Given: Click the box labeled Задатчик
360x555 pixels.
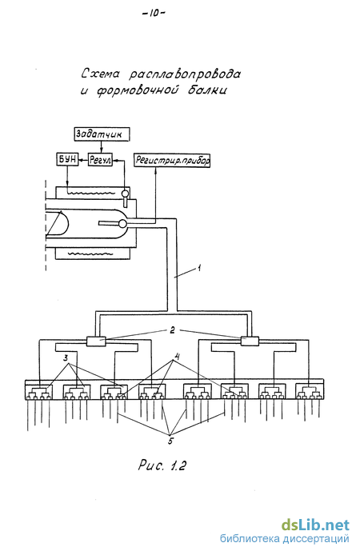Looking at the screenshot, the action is coord(102,134).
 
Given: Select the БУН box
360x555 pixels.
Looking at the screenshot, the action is coord(67,160).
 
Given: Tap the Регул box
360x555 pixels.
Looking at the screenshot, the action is coord(100,160).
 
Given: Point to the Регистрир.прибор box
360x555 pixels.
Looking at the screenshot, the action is coord(172,160).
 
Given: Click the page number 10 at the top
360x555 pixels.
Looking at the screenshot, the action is coord(154,14).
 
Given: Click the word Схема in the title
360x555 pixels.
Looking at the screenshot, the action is coord(101,74).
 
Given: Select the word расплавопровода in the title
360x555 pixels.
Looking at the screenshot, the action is coord(185,74).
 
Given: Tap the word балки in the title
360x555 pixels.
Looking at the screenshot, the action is coord(207,90).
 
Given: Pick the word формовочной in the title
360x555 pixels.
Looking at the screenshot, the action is coord(138,90).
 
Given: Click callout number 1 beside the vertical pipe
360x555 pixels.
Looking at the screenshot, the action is coord(199,268).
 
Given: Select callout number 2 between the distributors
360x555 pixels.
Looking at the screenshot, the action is coord(172,330).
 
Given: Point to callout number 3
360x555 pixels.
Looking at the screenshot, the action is coord(66,357).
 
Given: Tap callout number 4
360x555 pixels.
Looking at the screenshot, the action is coord(178,357).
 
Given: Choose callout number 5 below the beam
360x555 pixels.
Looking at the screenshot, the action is coord(170,441).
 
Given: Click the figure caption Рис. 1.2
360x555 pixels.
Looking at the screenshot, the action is coord(162,465).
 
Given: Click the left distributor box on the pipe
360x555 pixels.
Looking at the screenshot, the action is coord(96,341).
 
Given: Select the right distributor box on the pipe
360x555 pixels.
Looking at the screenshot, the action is coord(250,341).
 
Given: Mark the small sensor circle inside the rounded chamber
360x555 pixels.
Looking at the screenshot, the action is coord(122,224).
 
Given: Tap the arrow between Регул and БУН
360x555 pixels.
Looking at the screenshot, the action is coord(82,160).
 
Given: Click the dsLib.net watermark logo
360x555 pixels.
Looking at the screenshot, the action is coord(315,525).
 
